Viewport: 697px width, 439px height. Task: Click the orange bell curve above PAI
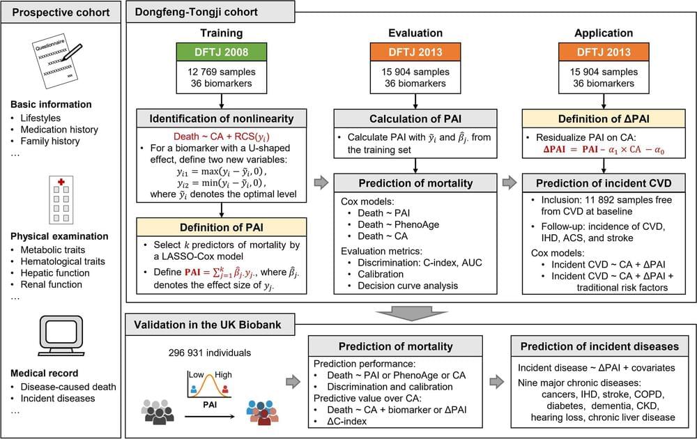206,382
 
